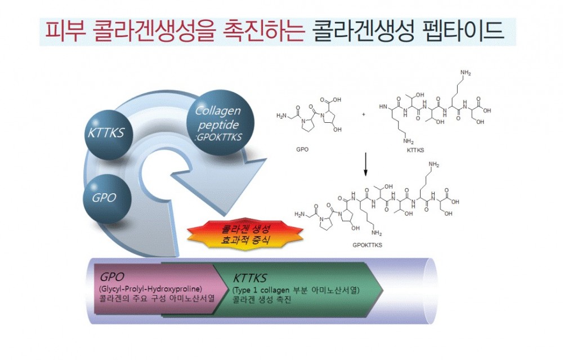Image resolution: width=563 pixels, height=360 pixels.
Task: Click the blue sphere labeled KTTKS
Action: (108, 133)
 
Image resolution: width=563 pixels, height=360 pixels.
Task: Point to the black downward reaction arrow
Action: (365, 164)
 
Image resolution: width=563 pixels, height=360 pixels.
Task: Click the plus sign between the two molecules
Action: (364, 114)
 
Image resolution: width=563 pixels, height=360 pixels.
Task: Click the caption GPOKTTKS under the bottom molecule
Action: (367, 245)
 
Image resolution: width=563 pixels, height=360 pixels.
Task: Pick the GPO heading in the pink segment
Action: (111, 277)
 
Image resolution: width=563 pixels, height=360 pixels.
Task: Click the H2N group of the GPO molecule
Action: (281, 115)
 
